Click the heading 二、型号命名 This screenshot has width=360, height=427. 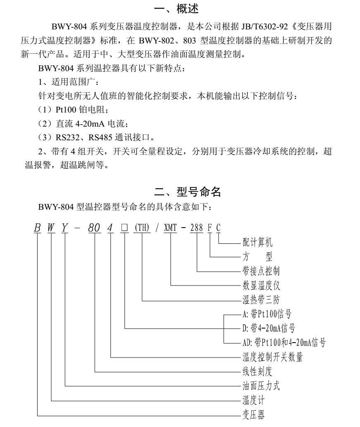(x=187, y=192)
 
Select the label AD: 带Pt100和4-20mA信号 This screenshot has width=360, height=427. (x=284, y=343)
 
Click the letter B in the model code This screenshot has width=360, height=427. (x=37, y=228)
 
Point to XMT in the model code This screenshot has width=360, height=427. (x=170, y=228)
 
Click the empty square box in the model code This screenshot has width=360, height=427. (x=124, y=228)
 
